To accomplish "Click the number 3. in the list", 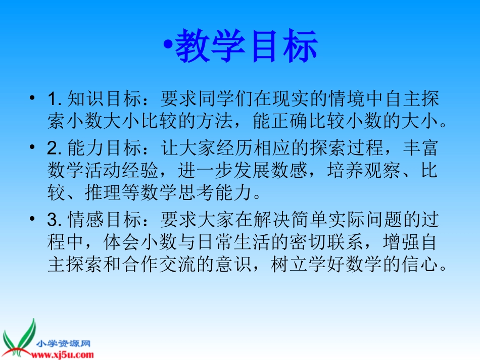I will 54,220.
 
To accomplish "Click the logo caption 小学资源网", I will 63,343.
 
